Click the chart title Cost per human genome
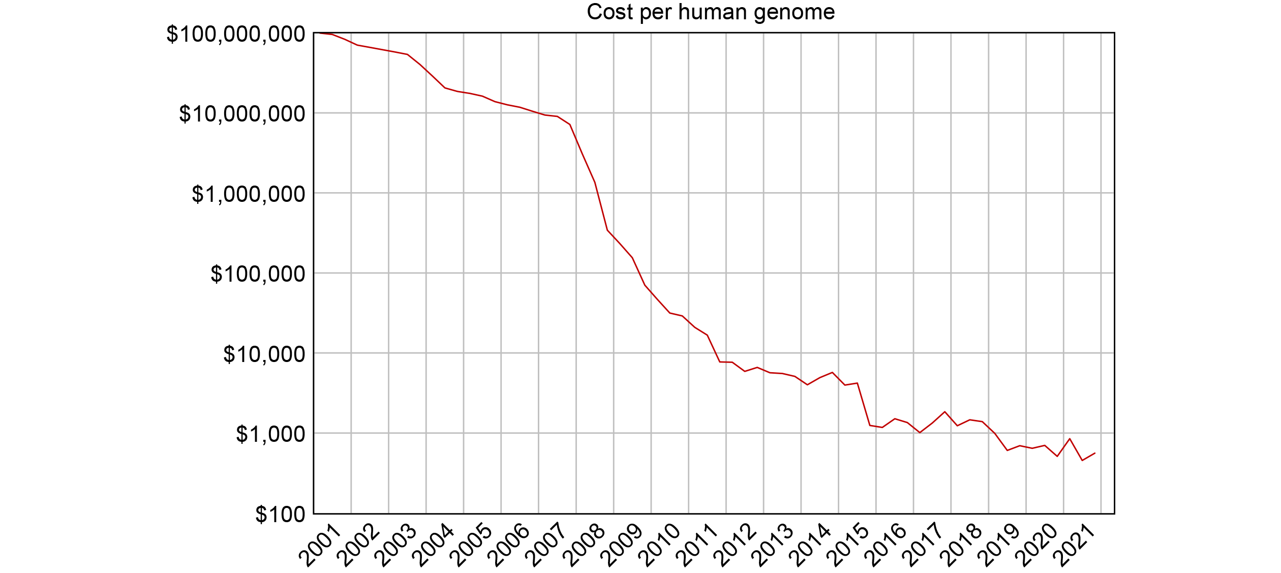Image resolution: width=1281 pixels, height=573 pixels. (710, 12)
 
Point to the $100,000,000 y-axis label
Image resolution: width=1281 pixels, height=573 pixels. (236, 35)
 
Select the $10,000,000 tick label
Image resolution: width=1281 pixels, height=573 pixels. (242, 114)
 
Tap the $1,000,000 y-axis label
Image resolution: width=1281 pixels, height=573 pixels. (248, 194)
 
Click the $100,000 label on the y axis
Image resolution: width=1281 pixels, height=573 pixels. (258, 275)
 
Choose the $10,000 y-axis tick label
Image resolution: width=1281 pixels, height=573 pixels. (264, 354)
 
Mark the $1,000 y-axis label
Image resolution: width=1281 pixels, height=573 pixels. (270, 435)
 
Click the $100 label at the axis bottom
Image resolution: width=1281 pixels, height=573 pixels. (280, 515)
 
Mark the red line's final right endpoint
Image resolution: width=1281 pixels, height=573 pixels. (1095, 453)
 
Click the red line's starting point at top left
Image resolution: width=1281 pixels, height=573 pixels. (315, 33)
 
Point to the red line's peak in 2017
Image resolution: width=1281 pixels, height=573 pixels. (944, 412)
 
